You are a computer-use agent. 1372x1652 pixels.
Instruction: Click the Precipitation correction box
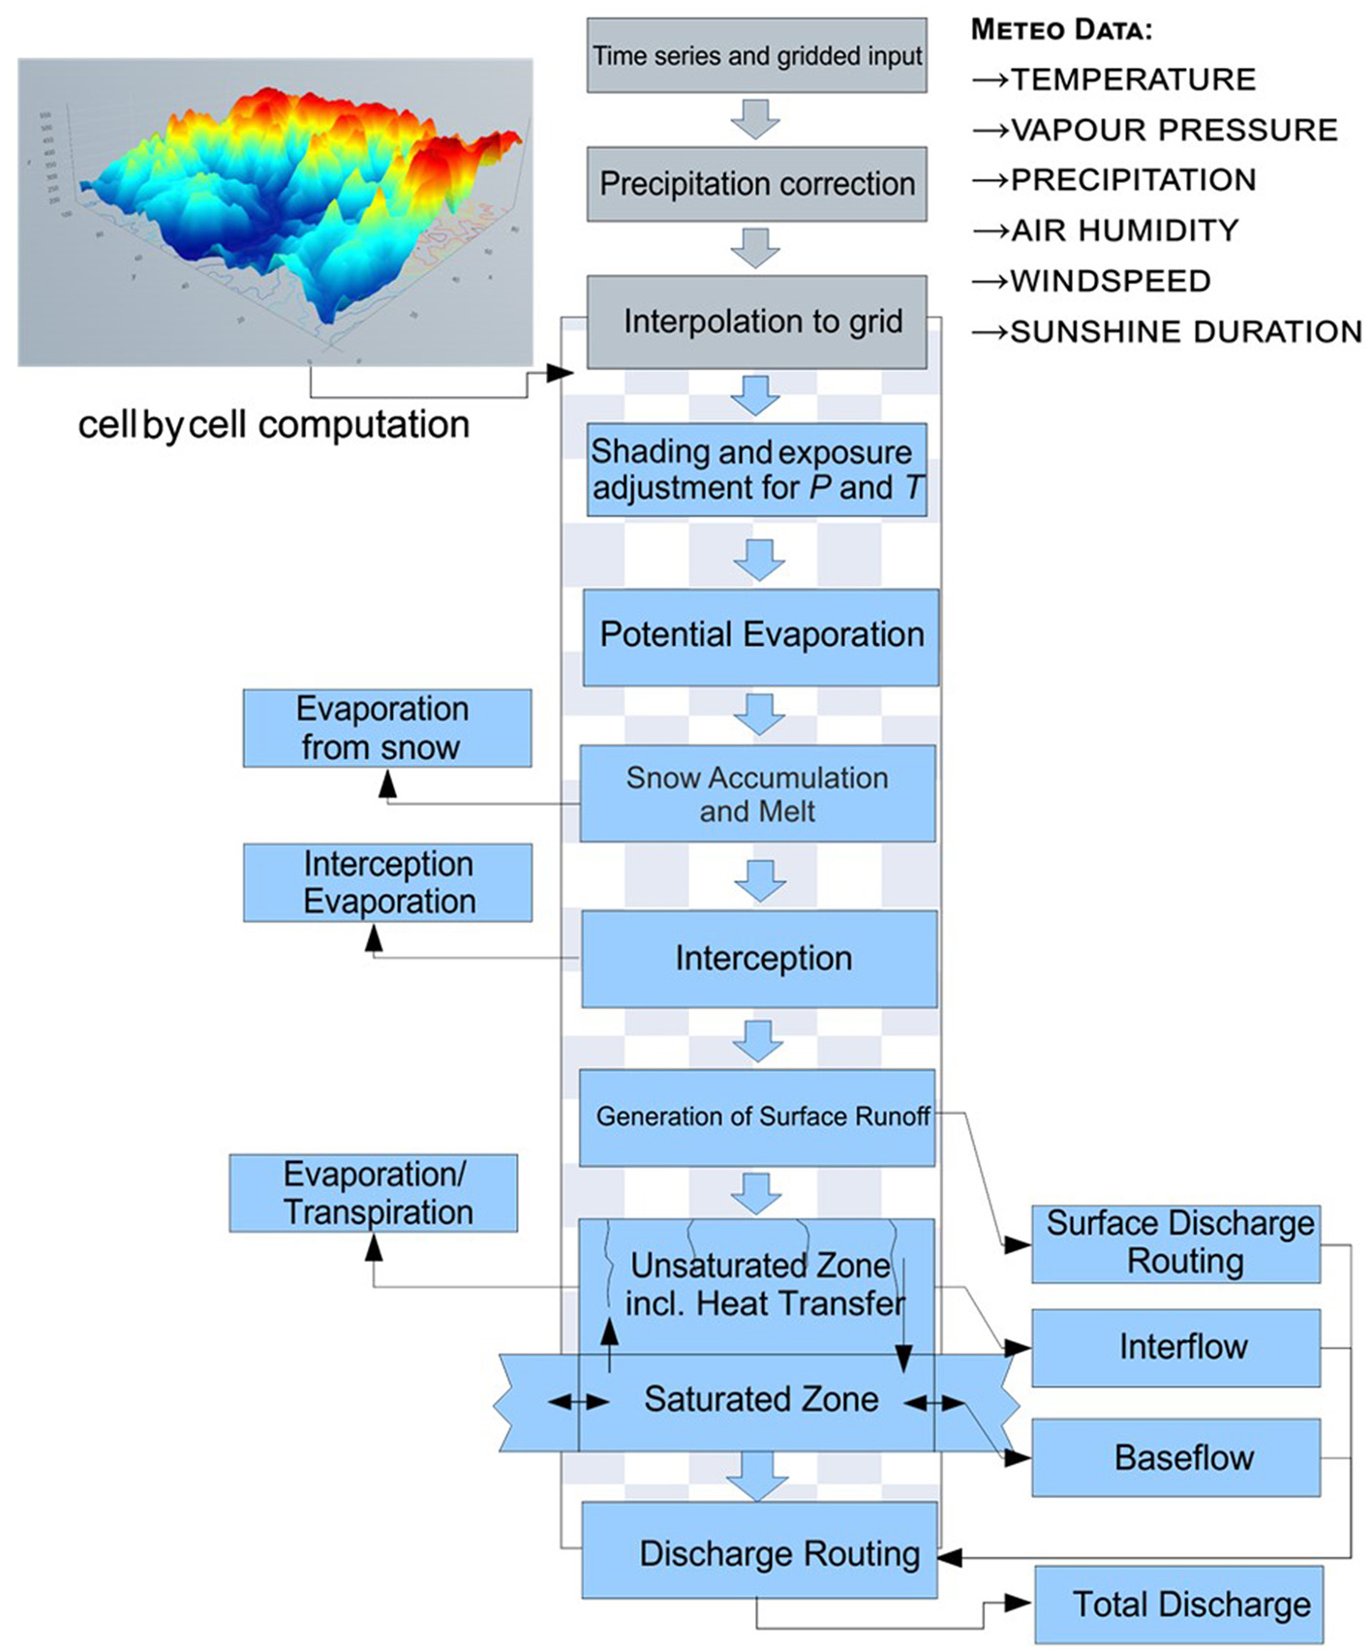tap(756, 184)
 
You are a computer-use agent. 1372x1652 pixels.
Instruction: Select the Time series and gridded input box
tap(756, 56)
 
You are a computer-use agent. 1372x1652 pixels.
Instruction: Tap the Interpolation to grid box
tap(756, 321)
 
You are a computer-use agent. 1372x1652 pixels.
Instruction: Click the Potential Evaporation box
tap(760, 636)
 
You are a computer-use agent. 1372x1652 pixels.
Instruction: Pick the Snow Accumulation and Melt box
tap(757, 793)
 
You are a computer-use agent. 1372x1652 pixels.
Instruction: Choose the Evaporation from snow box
tap(386, 728)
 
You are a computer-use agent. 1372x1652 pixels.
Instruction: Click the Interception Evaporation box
tap(387, 882)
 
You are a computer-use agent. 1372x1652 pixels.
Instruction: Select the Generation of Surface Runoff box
tap(756, 1117)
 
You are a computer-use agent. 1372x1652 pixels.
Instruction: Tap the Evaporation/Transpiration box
tap(373, 1193)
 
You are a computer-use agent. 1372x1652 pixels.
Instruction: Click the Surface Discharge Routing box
tap(1175, 1243)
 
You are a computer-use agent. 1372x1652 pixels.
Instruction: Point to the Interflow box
tap(1175, 1347)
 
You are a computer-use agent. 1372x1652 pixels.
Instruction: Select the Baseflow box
tap(1175, 1457)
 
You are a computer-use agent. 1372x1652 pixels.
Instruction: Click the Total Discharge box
tap(1178, 1604)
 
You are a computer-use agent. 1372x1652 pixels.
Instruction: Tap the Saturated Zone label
tap(760, 1399)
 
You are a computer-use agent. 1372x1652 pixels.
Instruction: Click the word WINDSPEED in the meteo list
tap(1110, 281)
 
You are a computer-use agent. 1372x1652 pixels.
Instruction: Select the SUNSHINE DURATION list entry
tap(1185, 332)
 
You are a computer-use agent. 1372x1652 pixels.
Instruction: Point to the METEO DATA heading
tap(1061, 30)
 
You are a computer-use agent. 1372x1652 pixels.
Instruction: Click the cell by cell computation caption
tap(273, 425)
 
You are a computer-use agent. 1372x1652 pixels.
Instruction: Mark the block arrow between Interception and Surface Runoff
tap(757, 1040)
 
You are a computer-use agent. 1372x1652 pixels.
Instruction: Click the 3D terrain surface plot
tap(275, 212)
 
